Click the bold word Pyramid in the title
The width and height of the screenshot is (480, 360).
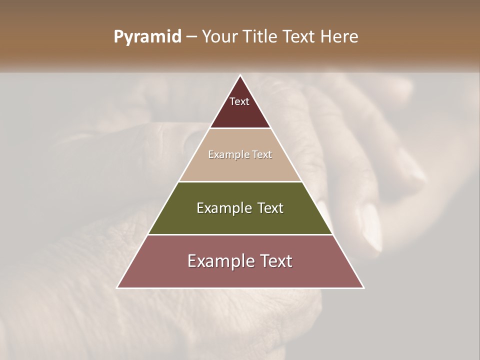pyautogui.click(x=147, y=37)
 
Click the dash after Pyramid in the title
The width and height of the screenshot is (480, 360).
pyautogui.click(x=191, y=37)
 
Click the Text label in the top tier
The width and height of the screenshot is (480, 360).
pyautogui.click(x=239, y=101)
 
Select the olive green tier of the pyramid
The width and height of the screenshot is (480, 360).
pyautogui.click(x=240, y=220)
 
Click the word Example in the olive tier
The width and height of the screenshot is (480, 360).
pyautogui.click(x=223, y=208)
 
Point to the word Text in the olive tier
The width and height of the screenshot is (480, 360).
pyautogui.click(x=270, y=208)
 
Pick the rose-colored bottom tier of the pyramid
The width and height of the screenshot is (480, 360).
pyautogui.click(x=240, y=275)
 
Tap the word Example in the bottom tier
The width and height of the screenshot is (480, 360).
pyautogui.click(x=219, y=261)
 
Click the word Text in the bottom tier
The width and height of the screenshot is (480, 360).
pyautogui.click(x=275, y=261)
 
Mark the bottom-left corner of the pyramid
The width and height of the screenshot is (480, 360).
pyautogui.click(x=118, y=287)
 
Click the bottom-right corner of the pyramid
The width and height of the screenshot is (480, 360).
pyautogui.click(x=363, y=287)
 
